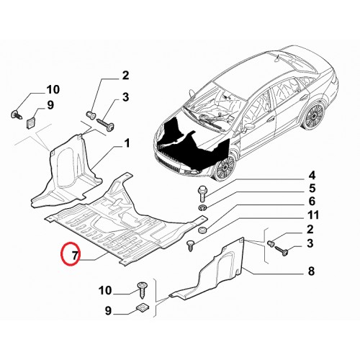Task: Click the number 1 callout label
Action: (127, 143)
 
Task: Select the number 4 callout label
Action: (312, 176)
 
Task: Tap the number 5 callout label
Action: (312, 189)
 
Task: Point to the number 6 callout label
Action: (312, 201)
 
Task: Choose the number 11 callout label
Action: (313, 215)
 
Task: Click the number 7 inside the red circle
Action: (75, 255)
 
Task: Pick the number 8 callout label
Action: (311, 271)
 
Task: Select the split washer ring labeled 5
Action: (202, 207)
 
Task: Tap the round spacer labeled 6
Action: (202, 230)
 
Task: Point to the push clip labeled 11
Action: (190, 246)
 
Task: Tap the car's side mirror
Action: (247, 127)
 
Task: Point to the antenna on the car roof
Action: (277, 58)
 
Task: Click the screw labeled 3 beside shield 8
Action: (281, 251)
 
